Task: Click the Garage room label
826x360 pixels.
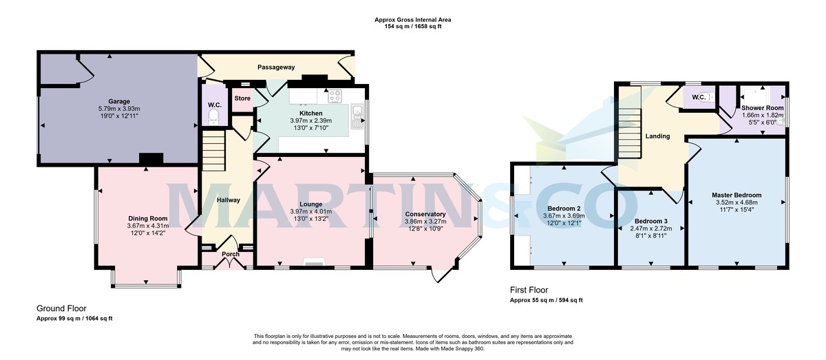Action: pos(118,101)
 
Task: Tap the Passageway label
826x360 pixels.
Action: pos(276,67)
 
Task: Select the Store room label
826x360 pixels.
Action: pos(242,98)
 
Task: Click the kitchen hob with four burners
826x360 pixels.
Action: pos(335,96)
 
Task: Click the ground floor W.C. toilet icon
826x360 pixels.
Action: pos(213,115)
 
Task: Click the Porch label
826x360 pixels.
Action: pos(230,254)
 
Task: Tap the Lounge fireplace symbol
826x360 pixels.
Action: pos(313,262)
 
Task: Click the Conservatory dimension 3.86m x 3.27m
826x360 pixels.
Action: pos(425,222)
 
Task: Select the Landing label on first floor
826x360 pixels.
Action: pos(657,136)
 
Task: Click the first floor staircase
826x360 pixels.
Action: pos(631,131)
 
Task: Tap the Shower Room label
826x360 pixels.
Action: pos(762,108)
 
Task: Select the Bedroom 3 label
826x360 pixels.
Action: pos(651,220)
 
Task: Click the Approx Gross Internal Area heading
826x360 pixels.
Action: pos(413,20)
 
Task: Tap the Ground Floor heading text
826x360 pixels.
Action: pos(61,309)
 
